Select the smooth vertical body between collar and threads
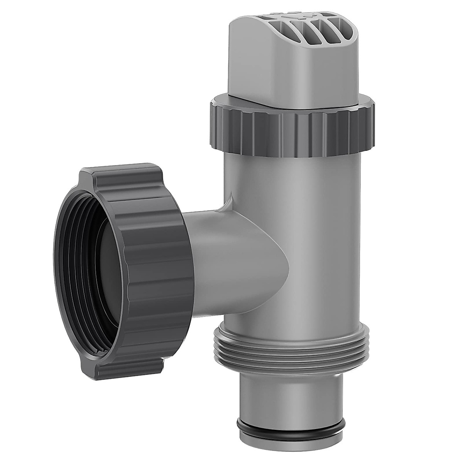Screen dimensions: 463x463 click(293, 231)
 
